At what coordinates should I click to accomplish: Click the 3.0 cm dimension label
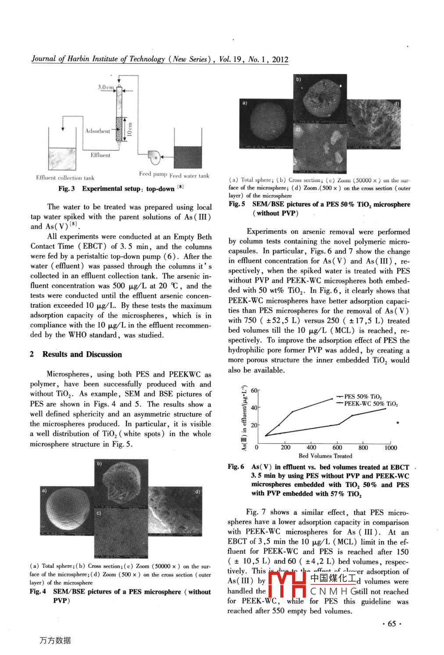[105, 87]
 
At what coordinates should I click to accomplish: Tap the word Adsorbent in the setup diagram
[97, 131]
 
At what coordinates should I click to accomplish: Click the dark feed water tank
[188, 157]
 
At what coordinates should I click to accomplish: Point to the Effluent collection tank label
[65, 178]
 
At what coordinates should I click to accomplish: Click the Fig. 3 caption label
[67, 189]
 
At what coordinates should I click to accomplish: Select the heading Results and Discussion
[82, 354]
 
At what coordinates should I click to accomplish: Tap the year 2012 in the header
[280, 60]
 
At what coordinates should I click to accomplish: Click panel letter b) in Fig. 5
[298, 80]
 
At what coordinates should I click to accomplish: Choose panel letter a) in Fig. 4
[44, 490]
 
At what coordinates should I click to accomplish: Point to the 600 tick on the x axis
[337, 448]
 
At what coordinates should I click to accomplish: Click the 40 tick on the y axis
[254, 408]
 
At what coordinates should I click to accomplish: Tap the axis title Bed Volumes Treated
[325, 456]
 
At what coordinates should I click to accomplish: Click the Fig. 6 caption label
[236, 466]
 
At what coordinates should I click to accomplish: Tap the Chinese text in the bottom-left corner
[55, 640]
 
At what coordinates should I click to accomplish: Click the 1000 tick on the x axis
[390, 448]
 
